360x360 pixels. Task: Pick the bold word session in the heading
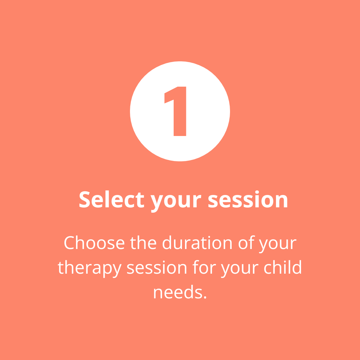point(248,199)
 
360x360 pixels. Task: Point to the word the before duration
point(143,242)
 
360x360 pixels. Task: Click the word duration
point(197,242)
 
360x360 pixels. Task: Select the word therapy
point(90,269)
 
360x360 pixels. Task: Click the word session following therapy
point(157,267)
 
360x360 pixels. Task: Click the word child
point(283,267)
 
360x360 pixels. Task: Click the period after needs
point(205,298)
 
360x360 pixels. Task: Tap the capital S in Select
point(84,199)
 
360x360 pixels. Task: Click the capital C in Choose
point(69,242)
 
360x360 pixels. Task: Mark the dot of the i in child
point(285,262)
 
